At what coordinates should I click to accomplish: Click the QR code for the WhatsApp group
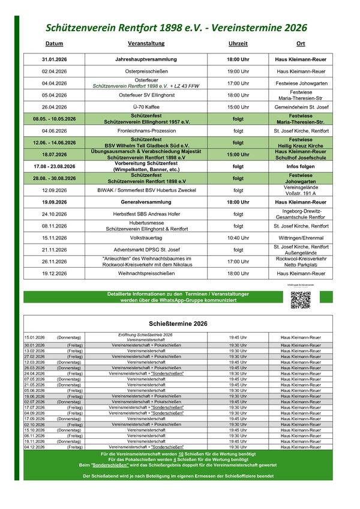(x=300, y=299)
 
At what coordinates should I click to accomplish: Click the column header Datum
(x=54, y=44)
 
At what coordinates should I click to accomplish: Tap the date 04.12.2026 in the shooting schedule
(x=35, y=447)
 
